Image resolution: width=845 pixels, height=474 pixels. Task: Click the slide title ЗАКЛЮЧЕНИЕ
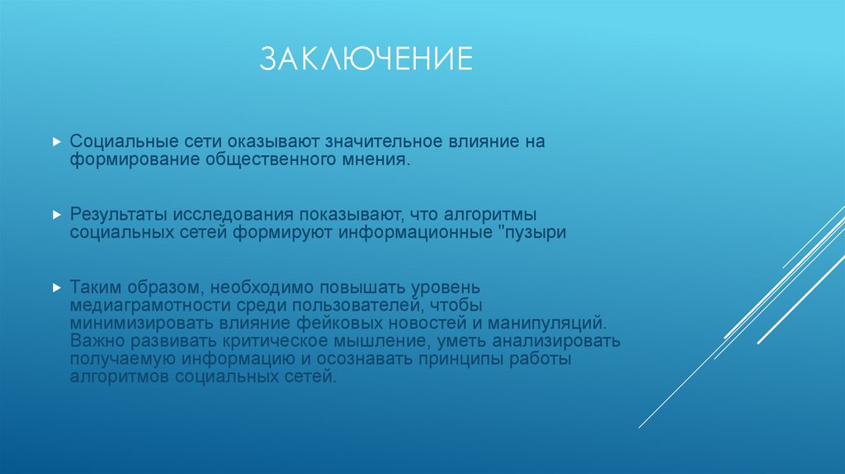coord(366,59)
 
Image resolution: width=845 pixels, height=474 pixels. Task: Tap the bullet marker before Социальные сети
coord(56,142)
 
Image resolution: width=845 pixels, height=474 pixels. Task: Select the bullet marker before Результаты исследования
coord(56,214)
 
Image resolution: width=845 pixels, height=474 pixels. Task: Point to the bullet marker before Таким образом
coord(56,287)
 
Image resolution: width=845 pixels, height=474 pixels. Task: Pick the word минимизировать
coord(141,323)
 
